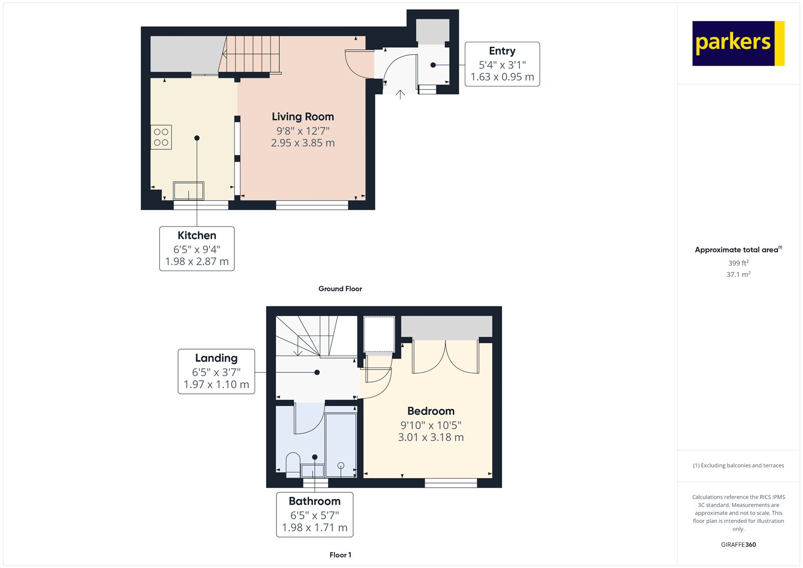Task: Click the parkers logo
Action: tap(738, 43)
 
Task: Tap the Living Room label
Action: tap(303, 117)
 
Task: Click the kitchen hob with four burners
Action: tap(161, 137)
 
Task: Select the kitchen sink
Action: tap(189, 191)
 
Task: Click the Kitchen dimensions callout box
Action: tap(197, 249)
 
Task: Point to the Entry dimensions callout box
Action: tap(502, 64)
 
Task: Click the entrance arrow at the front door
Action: tap(400, 94)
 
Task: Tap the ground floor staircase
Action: tap(251, 54)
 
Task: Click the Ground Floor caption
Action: tap(340, 289)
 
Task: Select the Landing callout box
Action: tap(216, 372)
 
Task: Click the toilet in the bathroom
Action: tap(293, 465)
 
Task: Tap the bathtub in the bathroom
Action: tap(341, 445)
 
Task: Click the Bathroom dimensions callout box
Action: tap(315, 515)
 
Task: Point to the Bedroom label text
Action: tap(431, 411)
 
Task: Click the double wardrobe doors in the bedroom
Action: tap(445, 358)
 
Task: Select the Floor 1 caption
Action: tap(340, 555)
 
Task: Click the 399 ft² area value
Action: tap(738, 263)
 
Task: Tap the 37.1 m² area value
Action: tap(738, 275)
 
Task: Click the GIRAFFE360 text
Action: tap(738, 544)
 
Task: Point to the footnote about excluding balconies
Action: tap(738, 466)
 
